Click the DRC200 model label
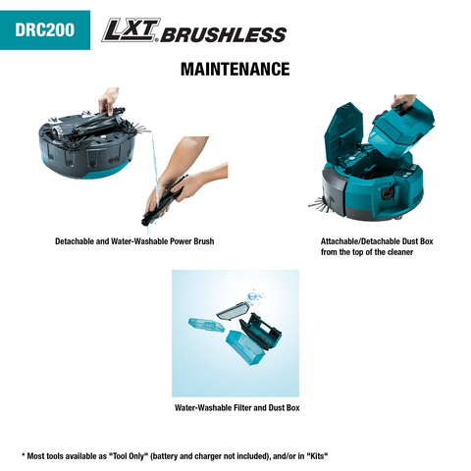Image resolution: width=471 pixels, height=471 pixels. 44,29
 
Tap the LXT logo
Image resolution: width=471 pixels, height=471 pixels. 131,30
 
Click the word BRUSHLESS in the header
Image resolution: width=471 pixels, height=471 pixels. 224,34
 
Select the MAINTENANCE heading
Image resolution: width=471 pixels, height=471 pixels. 235,69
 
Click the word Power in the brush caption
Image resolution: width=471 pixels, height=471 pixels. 181,241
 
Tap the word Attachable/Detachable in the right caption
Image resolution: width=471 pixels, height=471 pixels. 360,241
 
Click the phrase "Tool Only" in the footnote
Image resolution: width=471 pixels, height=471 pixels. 128,456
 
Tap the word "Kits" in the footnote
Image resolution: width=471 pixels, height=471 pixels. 317,456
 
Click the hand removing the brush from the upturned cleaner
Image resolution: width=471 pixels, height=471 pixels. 108,100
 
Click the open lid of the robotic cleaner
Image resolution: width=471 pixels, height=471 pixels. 343,131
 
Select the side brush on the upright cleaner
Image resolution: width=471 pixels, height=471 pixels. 319,203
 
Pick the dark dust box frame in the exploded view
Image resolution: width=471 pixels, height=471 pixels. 260,332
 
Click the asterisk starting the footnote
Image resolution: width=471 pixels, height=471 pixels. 24,454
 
